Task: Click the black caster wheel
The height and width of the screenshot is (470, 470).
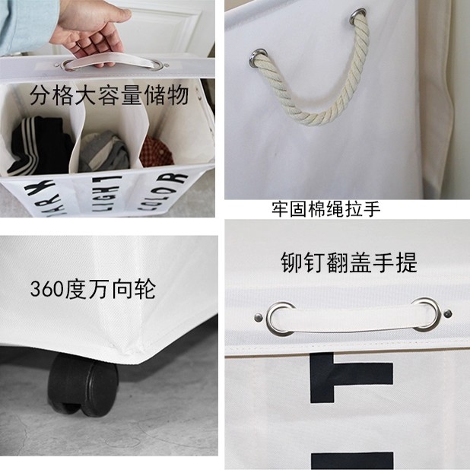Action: (x=79, y=385)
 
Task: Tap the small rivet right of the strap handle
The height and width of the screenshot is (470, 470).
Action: (x=449, y=313)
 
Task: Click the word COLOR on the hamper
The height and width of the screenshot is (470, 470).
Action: (x=164, y=186)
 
